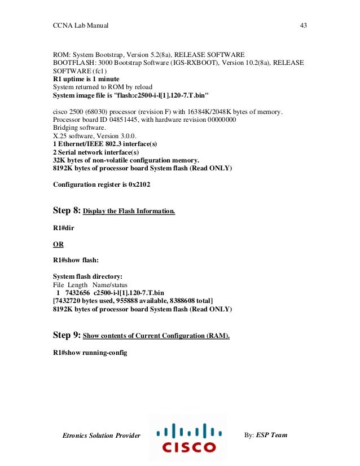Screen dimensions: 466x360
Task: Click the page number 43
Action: (302, 26)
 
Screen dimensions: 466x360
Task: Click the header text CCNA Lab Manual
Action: (81, 26)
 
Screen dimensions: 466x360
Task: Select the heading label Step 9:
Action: (67, 335)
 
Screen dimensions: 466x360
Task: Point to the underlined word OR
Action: (58, 244)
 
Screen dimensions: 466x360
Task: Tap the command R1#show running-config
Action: (90, 353)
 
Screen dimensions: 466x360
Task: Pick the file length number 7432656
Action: (79, 293)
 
